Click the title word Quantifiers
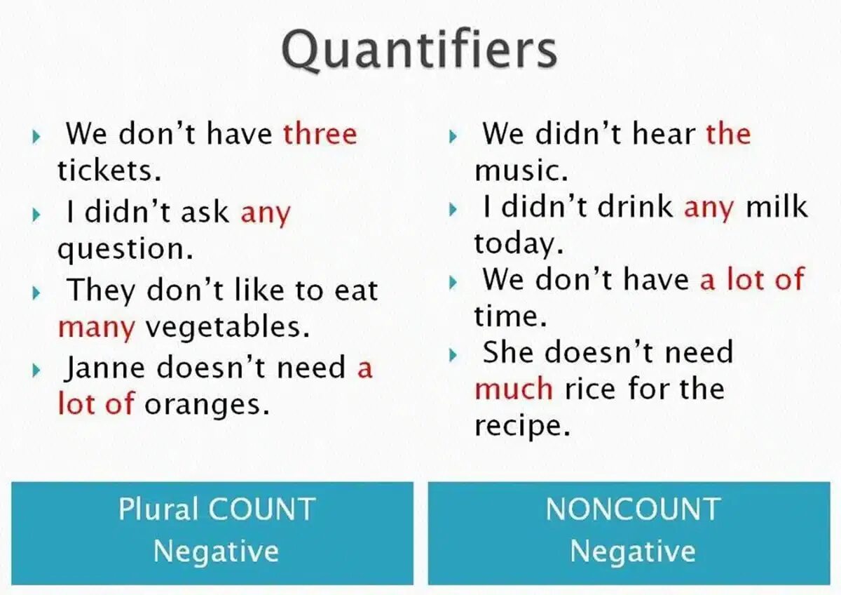click(x=419, y=51)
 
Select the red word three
click(x=320, y=133)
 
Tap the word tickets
click(x=109, y=171)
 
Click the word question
click(x=125, y=250)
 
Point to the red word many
click(x=96, y=328)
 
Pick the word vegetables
click(x=227, y=328)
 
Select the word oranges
click(x=207, y=405)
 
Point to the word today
click(x=514, y=244)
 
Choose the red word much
click(x=514, y=389)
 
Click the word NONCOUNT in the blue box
click(x=633, y=510)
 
